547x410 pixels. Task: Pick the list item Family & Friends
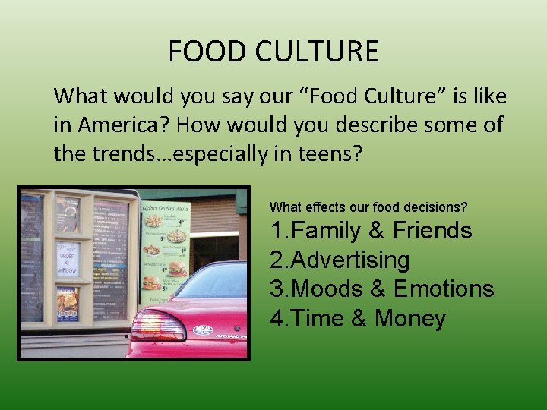(371, 230)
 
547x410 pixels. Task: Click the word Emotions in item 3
(444, 289)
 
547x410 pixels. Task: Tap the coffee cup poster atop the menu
(68, 214)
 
